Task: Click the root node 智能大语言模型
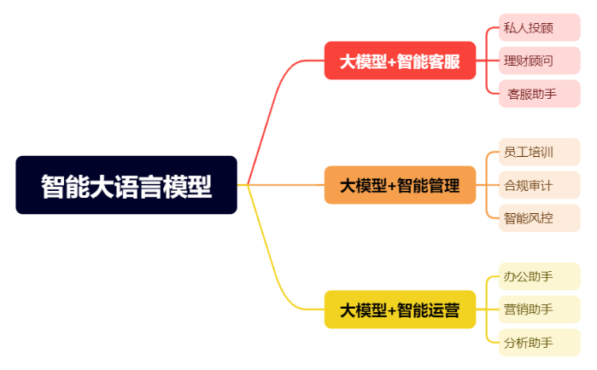tap(126, 185)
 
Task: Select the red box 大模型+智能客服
tap(400, 61)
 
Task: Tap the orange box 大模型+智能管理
tap(400, 185)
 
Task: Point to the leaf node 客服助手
tap(538, 94)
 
